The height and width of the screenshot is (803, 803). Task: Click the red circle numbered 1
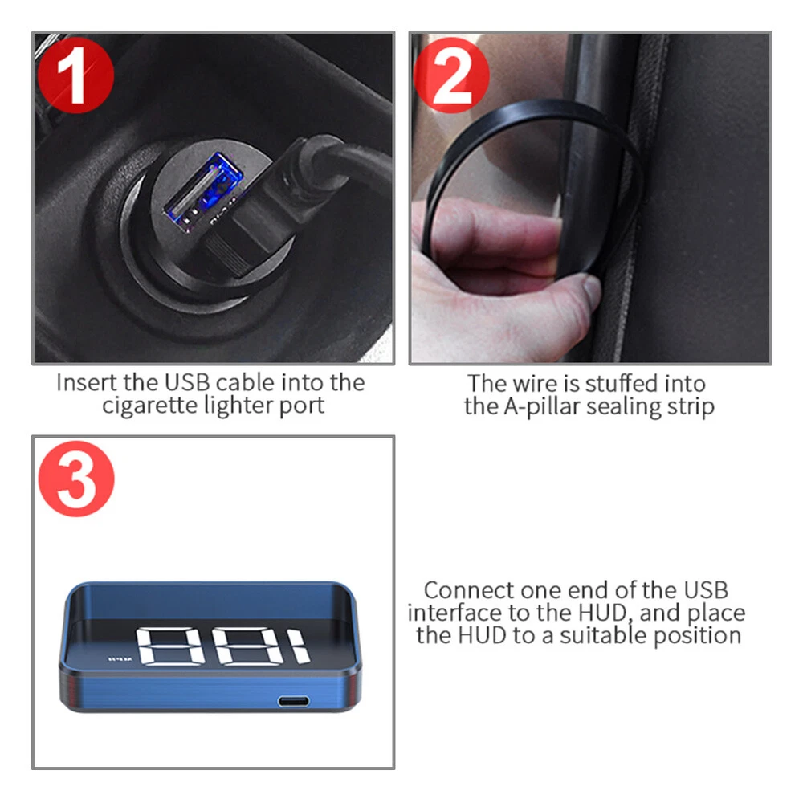coord(75,75)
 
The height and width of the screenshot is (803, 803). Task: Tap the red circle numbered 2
coord(451,75)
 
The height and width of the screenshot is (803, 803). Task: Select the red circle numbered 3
coord(76,479)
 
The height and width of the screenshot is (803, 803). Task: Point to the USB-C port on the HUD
coord(293,700)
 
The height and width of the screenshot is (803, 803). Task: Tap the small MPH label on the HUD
coord(120,659)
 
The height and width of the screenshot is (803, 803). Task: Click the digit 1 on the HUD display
coord(297,646)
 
